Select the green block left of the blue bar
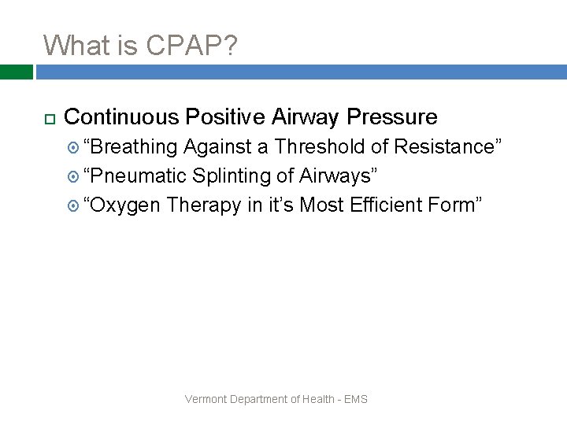16,72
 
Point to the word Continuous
121,117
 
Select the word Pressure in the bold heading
391,117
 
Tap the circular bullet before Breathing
74,147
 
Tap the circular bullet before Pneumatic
74,176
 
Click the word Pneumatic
138,176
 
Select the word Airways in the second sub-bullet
335,176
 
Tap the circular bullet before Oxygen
74,205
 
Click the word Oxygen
125,205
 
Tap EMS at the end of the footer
356,399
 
